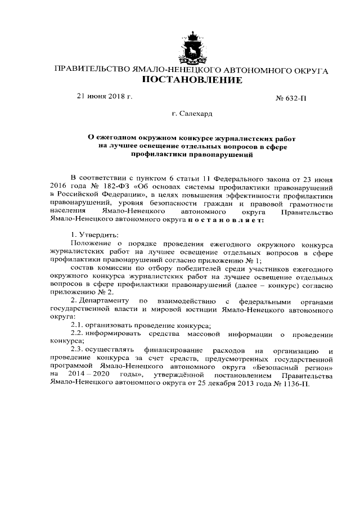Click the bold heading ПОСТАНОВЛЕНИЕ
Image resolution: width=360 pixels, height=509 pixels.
click(x=192, y=80)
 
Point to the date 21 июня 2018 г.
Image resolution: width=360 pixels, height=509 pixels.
click(x=104, y=96)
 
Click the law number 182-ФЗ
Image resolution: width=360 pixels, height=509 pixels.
click(x=111, y=184)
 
